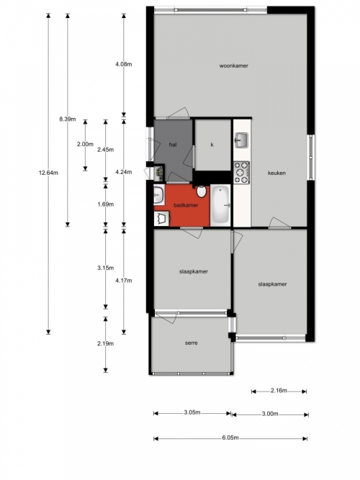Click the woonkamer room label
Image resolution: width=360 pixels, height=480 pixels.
pos(233,65)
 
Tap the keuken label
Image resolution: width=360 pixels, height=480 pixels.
pos(276,173)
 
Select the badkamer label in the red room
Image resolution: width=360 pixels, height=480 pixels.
pos(186,205)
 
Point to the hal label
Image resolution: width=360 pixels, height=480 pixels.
pos(173,145)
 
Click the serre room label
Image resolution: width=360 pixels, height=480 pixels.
pos(192,343)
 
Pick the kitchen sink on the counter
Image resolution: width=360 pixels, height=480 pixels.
pos(241,140)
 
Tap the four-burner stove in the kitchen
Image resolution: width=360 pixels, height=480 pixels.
pos(241,173)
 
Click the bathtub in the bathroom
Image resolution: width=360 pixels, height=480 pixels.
pos(220,205)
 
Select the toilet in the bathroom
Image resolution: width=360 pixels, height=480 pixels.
pos(202,191)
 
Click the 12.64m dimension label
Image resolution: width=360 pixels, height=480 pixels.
pos(48,173)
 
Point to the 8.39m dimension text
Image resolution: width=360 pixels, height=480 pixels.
pos(68,119)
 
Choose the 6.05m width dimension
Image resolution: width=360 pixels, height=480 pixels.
pos(230,438)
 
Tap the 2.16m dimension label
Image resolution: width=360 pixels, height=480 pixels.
pos(279,390)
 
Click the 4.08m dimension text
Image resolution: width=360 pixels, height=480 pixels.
pos(123,64)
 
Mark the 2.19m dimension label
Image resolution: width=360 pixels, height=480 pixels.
pos(105,343)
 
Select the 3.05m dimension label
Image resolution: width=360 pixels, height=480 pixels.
pos(192,412)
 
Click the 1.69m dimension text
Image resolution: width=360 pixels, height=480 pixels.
pos(105,204)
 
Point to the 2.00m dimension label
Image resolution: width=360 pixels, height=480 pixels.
pos(85,144)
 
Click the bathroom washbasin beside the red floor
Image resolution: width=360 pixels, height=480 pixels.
pos(158,194)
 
